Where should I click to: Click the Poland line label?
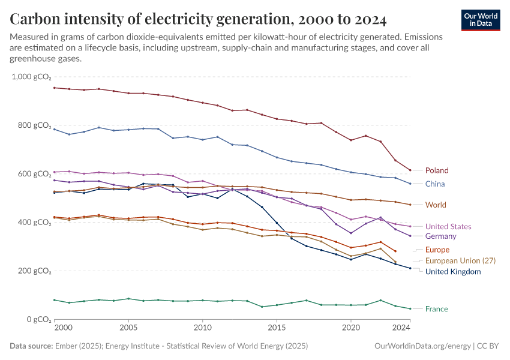pyautogui.click(x=436, y=170)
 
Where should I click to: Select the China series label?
pyautogui.click(x=435, y=184)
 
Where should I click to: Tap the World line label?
pyautogui.click(x=436, y=205)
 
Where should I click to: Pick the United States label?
pyautogui.click(x=448, y=227)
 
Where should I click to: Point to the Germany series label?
pyautogui.click(x=440, y=236)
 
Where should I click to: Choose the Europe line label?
pyautogui.click(x=437, y=250)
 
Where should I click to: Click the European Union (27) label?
pyautogui.click(x=460, y=261)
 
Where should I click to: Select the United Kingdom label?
pyautogui.click(x=453, y=272)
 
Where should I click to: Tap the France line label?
pyautogui.click(x=436, y=309)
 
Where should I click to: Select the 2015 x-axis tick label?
pyautogui.click(x=277, y=328)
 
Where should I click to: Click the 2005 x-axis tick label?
pyautogui.click(x=128, y=328)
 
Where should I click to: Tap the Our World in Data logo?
pyautogui.click(x=481, y=20)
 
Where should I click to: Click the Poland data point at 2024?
pyautogui.click(x=410, y=170)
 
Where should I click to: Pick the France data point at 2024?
pyautogui.click(x=410, y=309)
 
